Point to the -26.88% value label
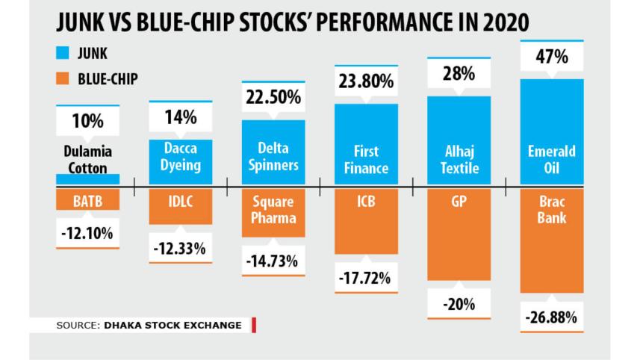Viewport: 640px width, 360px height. pyautogui.click(x=551, y=317)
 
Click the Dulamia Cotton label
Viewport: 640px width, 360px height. pyautogui.click(x=87, y=159)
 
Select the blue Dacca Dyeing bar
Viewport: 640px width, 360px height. pyautogui.click(x=181, y=161)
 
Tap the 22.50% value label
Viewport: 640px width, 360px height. pyautogui.click(x=273, y=98)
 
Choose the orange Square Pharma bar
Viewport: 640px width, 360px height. pyautogui.click(x=273, y=213)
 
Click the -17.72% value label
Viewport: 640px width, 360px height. pyautogui.click(x=366, y=279)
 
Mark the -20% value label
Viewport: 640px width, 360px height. pyautogui.click(x=459, y=305)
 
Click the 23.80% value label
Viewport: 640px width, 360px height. pyautogui.click(x=366, y=82)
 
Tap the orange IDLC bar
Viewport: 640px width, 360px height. pyautogui.click(x=181, y=205)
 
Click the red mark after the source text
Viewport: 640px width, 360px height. pyautogui.click(x=254, y=325)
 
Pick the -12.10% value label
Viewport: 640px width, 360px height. pyautogui.click(x=87, y=234)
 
